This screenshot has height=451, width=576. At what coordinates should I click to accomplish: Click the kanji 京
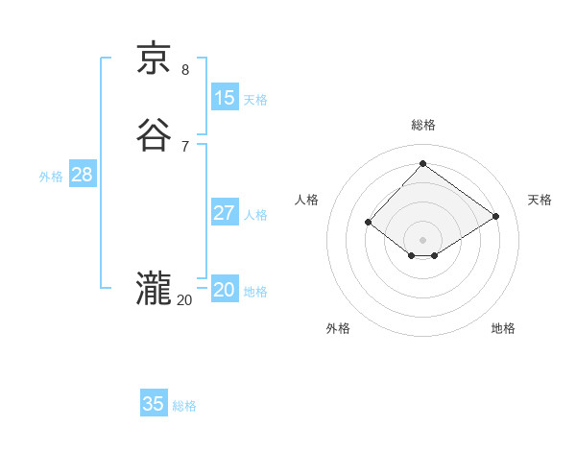154,59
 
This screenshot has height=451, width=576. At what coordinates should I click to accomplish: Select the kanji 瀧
154,290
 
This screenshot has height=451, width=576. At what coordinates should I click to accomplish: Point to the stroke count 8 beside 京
185,69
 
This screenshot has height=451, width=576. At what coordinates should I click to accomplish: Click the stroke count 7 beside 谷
185,147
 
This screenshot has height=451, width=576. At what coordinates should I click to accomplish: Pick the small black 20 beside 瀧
184,300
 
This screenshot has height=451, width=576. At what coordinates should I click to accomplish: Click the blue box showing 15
225,97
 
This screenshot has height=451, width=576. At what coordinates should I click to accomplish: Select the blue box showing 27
225,213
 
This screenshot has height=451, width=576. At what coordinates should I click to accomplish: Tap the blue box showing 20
225,290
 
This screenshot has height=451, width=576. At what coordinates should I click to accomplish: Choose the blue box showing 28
82,175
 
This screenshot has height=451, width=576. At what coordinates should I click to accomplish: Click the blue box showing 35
154,404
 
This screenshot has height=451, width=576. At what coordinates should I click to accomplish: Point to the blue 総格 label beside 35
184,406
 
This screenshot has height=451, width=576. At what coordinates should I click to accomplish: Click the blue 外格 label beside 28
51,177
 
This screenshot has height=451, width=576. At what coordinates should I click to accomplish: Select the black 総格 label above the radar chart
422,125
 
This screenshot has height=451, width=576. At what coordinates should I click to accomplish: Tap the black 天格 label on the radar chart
540,200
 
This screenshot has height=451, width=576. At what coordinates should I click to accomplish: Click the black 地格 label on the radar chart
503,328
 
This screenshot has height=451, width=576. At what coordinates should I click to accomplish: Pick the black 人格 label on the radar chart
306,200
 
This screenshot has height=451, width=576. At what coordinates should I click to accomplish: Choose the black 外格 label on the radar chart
338,328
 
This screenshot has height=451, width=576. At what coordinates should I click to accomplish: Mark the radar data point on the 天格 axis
495,216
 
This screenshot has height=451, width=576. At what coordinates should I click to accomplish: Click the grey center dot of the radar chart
422,239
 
